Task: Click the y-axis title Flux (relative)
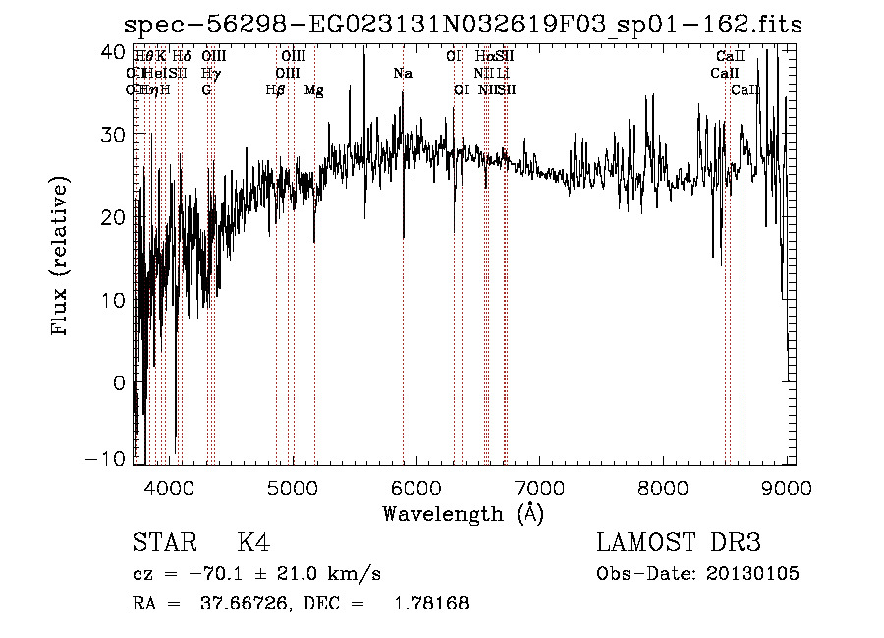[x=61, y=258]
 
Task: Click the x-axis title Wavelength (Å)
[x=463, y=512]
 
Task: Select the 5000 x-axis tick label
[x=293, y=485]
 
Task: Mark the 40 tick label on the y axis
[x=115, y=50]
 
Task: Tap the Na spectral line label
[x=402, y=74]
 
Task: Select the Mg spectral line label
[x=313, y=90]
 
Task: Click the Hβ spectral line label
[x=275, y=90]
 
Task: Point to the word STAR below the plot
[x=163, y=543]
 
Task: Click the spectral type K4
[x=253, y=543]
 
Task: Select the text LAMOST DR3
[x=679, y=543]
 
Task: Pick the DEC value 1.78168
[x=431, y=603]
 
